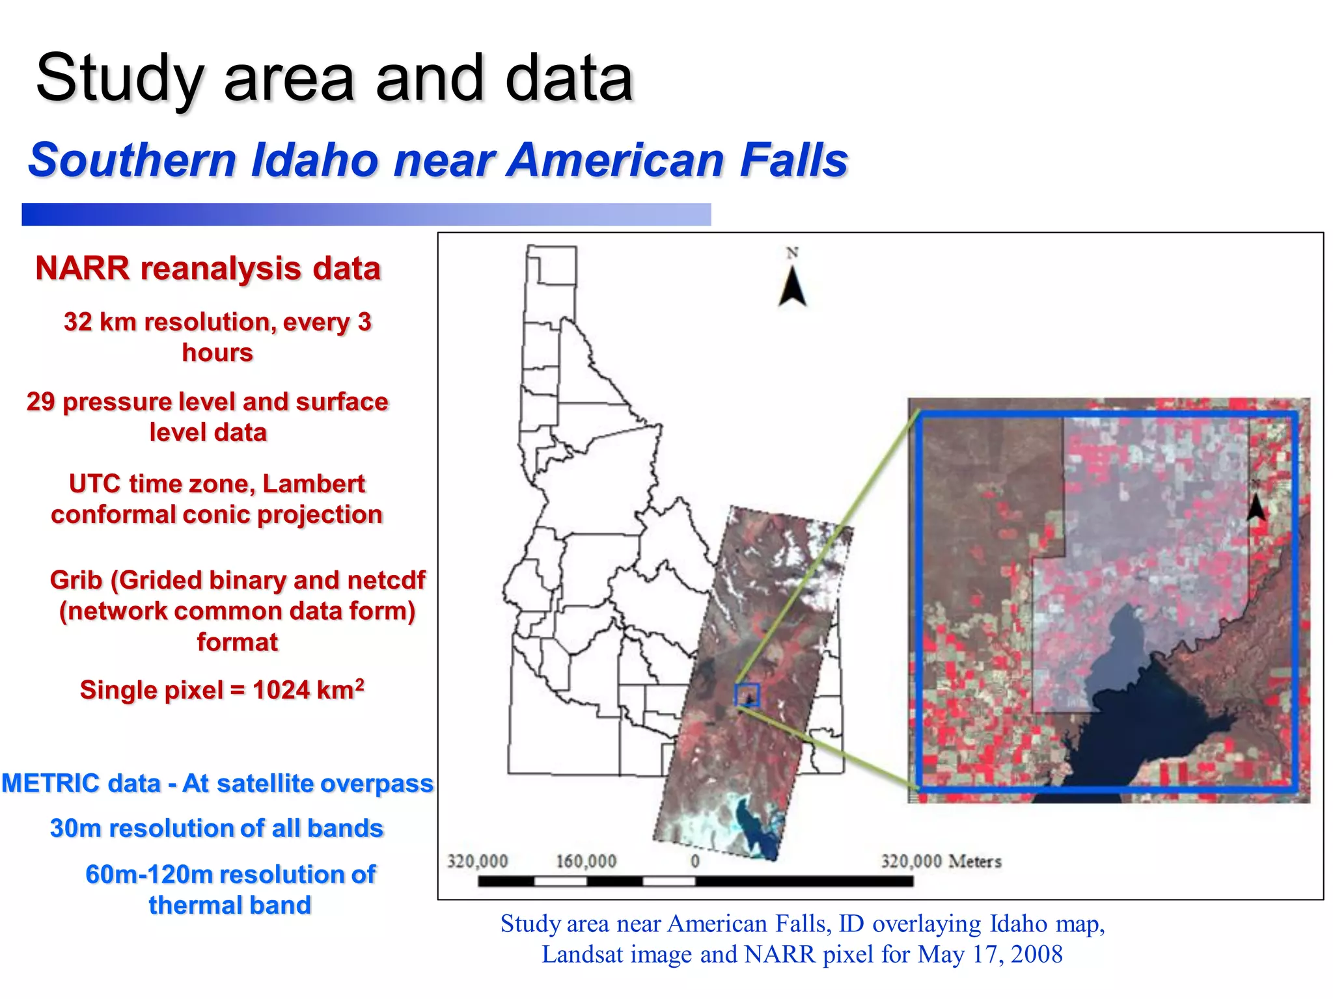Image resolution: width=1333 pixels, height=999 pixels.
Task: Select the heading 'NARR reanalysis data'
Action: [x=208, y=268]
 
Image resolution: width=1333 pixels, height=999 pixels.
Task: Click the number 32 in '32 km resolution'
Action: [x=77, y=322]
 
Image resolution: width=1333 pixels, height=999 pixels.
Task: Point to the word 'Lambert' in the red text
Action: [x=313, y=484]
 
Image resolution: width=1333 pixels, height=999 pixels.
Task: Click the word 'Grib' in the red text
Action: [x=76, y=580]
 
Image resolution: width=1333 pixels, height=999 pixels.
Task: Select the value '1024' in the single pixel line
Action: [x=282, y=691]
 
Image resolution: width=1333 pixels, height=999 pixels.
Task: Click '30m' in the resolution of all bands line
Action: [x=74, y=829]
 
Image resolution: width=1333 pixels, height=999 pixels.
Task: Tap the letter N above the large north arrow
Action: [x=792, y=253]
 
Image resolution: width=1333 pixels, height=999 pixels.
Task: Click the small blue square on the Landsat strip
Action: [x=747, y=695]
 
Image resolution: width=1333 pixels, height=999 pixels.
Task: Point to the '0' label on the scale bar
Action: [x=695, y=861]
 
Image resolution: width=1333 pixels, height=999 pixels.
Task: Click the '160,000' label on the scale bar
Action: [x=586, y=861]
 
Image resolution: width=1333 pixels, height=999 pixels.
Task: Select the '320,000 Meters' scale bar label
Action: [x=941, y=861]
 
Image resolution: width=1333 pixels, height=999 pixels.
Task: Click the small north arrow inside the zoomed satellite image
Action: [x=1256, y=504]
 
